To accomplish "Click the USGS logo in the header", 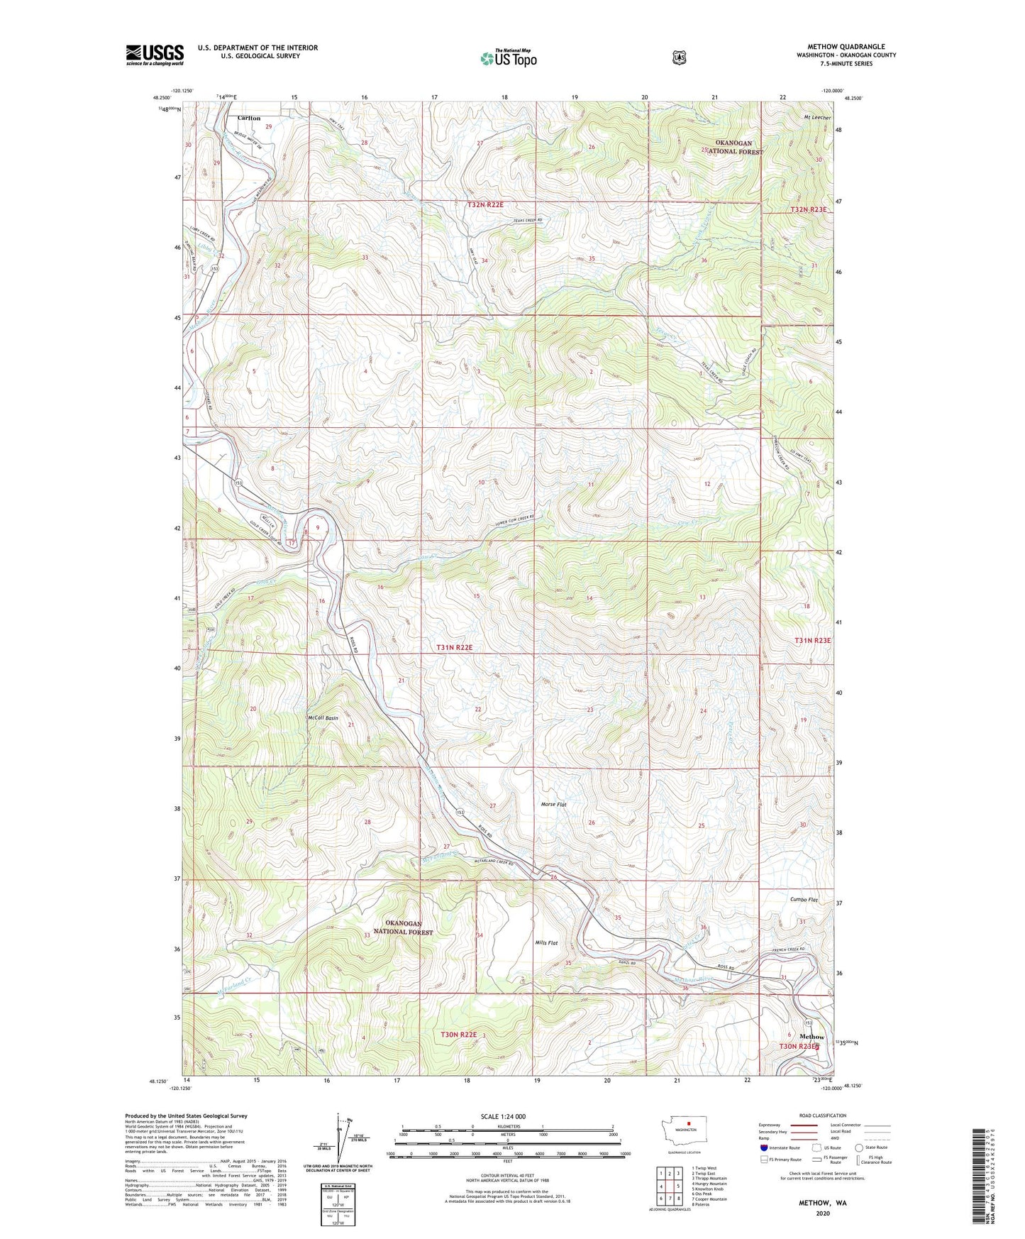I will [x=155, y=54].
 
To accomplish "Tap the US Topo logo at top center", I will [x=507, y=58].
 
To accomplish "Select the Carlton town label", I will [x=249, y=118].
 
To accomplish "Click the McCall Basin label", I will [x=323, y=718].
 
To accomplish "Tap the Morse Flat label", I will [x=554, y=804].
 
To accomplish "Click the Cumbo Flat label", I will [x=804, y=899].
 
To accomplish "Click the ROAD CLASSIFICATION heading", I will [x=824, y=1116].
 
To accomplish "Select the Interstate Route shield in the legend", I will [x=763, y=1147].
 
